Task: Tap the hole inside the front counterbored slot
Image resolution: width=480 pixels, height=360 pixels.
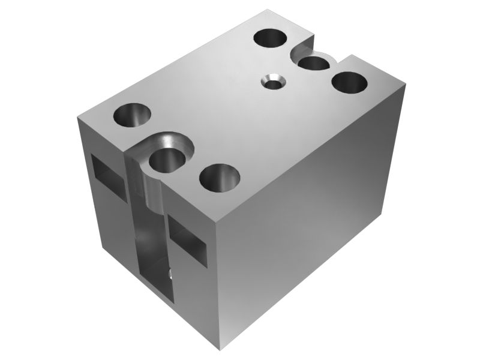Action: coord(167,161)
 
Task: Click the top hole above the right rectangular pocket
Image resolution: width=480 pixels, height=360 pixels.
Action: coord(220,178)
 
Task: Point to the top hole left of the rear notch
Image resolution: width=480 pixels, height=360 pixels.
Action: coord(271,38)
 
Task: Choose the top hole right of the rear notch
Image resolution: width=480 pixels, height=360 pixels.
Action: coord(350,82)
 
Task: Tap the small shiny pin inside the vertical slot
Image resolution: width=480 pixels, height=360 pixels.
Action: coord(172,274)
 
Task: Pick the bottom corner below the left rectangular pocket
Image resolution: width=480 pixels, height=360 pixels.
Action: coord(96,247)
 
